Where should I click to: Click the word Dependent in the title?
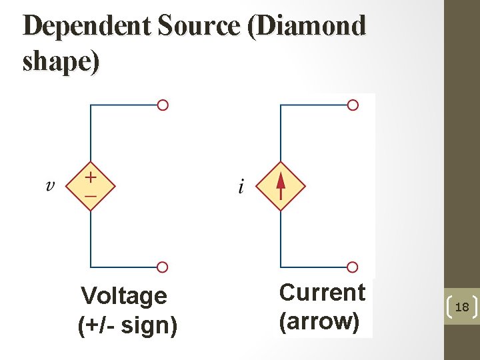click(86, 27)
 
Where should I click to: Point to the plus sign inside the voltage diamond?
click(90, 177)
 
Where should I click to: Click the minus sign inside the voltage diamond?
click(90, 196)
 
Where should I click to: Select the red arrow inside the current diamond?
click(281, 185)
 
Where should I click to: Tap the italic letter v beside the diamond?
click(50, 185)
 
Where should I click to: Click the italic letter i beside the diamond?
click(241, 187)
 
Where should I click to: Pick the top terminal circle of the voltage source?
click(163, 105)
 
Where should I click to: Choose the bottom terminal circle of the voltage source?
click(163, 267)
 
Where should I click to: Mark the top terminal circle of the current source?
click(353, 105)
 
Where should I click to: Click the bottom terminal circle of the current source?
click(353, 267)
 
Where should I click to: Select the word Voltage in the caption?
click(123, 295)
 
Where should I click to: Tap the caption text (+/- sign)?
click(127, 326)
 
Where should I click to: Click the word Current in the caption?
click(322, 293)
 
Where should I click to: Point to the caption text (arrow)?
click(320, 321)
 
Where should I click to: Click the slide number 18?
click(461, 307)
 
